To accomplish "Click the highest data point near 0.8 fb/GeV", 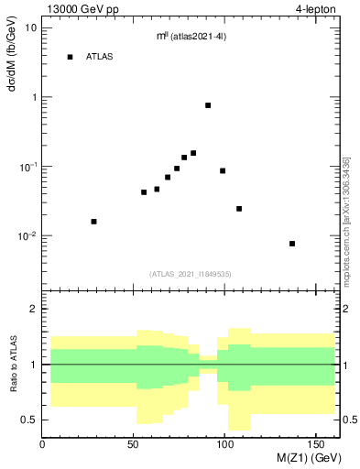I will [208, 105].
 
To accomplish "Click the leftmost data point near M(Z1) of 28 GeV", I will [93, 222].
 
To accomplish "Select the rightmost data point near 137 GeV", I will [292, 244].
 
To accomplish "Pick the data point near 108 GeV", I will [239, 209].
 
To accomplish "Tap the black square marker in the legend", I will [70, 57].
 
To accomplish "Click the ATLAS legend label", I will [100, 57].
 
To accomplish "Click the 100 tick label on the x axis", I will [226, 442].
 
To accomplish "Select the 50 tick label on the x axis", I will [135, 442].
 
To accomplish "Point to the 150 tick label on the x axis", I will [317, 442].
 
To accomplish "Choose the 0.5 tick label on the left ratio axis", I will [30, 420].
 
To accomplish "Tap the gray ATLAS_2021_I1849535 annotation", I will [191, 273].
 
